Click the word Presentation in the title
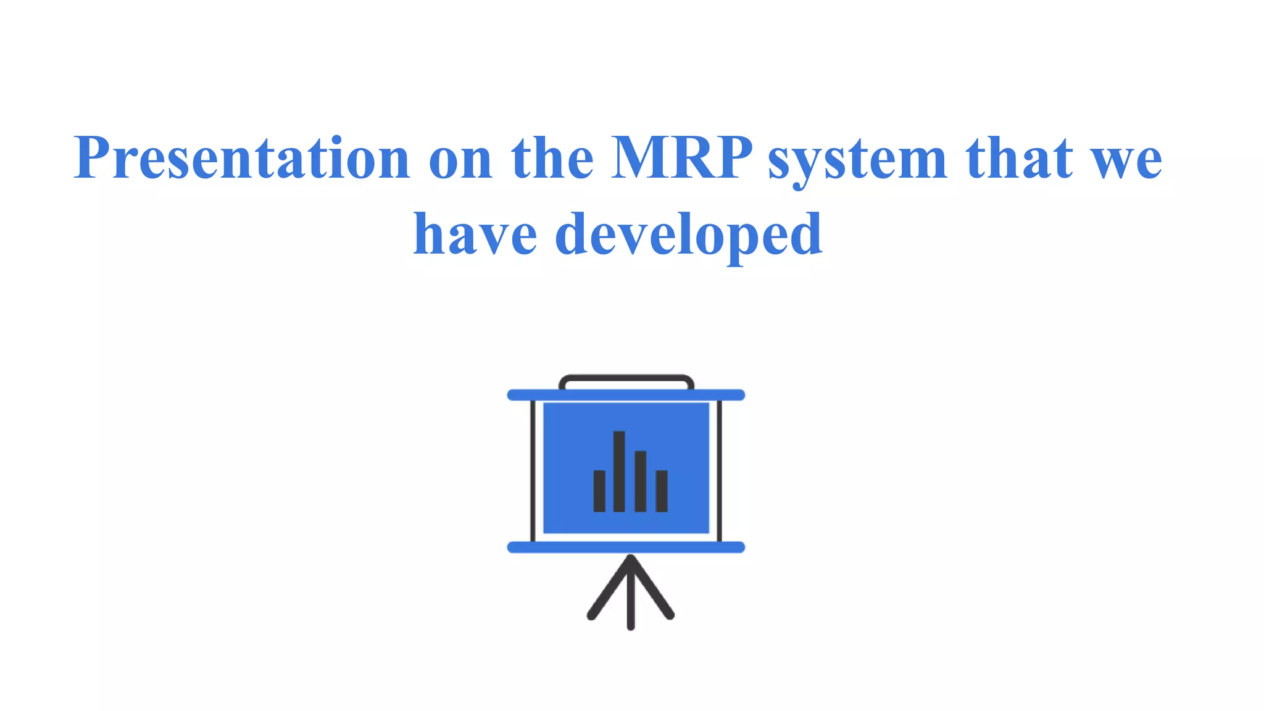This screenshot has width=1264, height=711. coord(241,158)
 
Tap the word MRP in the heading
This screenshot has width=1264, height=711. coord(681,158)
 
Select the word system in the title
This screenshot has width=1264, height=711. coord(857,160)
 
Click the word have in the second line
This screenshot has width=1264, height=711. coord(475,235)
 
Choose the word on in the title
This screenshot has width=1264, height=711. coord(460,162)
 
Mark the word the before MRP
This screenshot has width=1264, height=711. coord(552,158)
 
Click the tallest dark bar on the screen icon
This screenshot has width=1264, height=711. coord(619,472)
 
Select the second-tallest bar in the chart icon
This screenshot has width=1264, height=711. coord(641,481)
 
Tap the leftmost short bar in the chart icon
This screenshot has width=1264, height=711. coord(599,491)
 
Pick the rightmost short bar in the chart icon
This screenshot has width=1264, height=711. coord(662,491)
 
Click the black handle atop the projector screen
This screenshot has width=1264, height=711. coord(626,379)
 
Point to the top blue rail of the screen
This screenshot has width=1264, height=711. coord(626,395)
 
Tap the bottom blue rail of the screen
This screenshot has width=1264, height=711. coord(626,547)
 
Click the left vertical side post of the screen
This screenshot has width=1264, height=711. coord(533,470)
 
